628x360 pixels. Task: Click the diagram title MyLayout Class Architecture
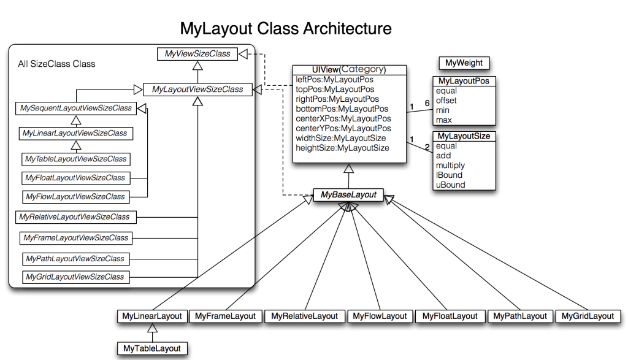click(286, 28)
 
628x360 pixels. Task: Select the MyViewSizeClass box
click(197, 54)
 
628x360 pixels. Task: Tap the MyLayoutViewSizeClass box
click(197, 90)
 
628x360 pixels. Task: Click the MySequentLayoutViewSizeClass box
click(76, 108)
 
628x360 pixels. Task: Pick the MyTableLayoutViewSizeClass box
click(76, 159)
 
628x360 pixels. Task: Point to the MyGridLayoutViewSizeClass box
click(75, 277)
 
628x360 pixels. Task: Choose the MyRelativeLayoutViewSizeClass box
click(75, 217)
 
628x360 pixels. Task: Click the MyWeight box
click(464, 63)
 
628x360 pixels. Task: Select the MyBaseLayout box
click(348, 195)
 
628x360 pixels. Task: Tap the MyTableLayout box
click(152, 348)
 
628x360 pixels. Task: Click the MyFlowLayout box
click(380, 316)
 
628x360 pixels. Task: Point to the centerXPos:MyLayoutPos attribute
click(343, 118)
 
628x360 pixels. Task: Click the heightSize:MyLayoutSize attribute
click(342, 148)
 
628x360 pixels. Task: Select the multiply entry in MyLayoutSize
click(450, 166)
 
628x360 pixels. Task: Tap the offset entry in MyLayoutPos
click(446, 101)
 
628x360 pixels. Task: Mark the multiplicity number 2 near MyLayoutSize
click(427, 147)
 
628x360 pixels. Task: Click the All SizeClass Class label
click(57, 64)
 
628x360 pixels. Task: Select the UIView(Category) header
click(349, 70)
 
